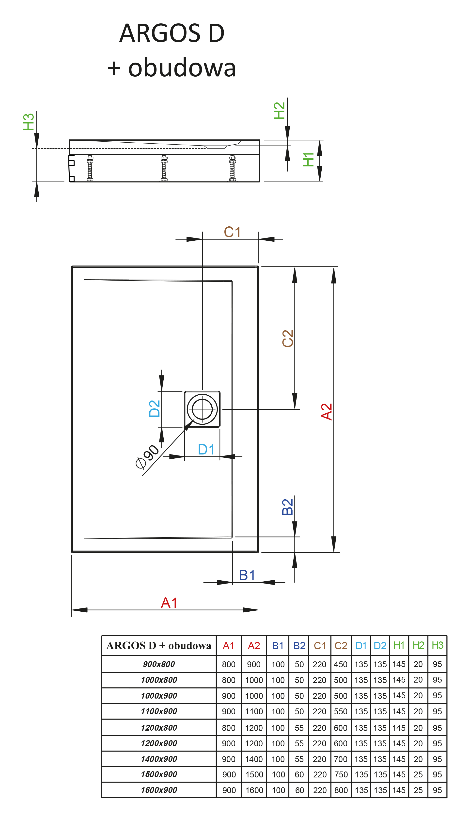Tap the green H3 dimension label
click(29, 122)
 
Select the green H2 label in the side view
click(279, 110)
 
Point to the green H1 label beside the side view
click(308, 160)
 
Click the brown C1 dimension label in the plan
click(232, 232)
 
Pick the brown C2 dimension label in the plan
click(288, 338)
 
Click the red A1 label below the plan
click(169, 603)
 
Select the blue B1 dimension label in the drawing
click(247, 575)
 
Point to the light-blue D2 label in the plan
click(155, 409)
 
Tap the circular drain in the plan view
click(202, 409)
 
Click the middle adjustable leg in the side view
click(164, 168)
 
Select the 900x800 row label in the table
click(159, 664)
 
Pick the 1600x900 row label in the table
click(159, 790)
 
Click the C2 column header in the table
click(341, 646)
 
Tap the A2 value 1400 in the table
click(254, 759)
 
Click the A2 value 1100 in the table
click(254, 711)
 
